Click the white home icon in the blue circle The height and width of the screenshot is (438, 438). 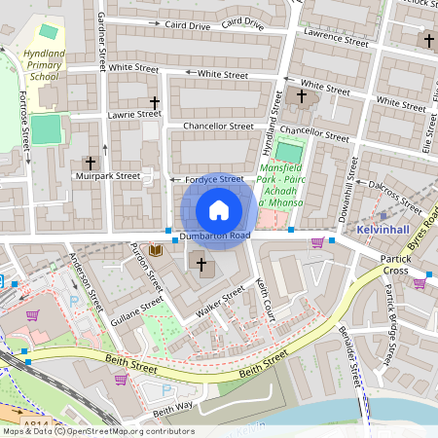pyautogui.click(x=219, y=210)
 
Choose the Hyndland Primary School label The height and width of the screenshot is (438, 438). pyautogui.click(x=44, y=63)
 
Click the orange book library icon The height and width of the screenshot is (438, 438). pyautogui.click(x=156, y=251)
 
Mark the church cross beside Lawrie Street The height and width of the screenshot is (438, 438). pyautogui.click(x=154, y=101)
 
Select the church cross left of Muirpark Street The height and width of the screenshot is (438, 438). pyautogui.click(x=91, y=163)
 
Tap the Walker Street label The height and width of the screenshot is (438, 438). pyautogui.click(x=220, y=301)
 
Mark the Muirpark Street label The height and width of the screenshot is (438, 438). pyautogui.click(x=108, y=176)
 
